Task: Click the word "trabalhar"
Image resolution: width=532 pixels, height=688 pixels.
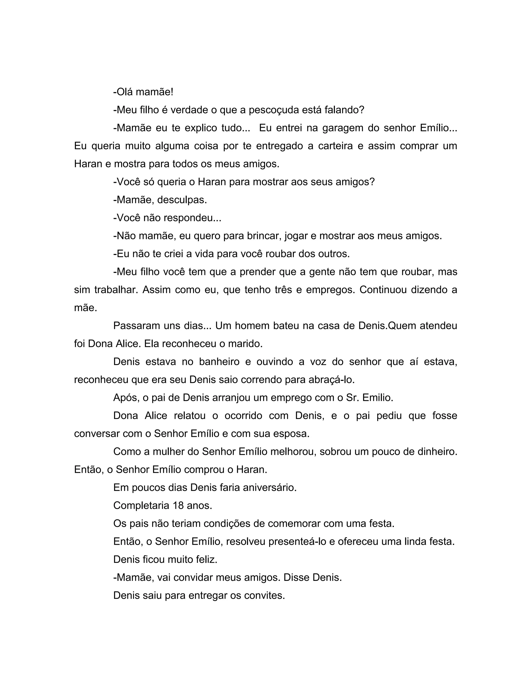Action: point(116,290)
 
